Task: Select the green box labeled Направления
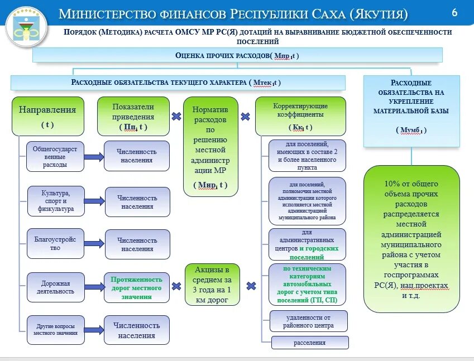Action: click(x=47, y=116)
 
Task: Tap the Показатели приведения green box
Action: click(x=133, y=116)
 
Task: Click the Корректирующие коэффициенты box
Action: click(x=300, y=116)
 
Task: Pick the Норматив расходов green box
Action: click(x=210, y=146)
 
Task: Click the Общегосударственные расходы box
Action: click(x=55, y=156)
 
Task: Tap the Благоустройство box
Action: click(x=55, y=244)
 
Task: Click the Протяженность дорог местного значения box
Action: click(x=136, y=287)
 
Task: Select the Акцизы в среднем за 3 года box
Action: click(x=212, y=284)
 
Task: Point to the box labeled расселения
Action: click(x=310, y=343)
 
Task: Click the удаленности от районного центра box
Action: click(x=309, y=321)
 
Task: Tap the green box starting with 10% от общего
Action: click(x=411, y=240)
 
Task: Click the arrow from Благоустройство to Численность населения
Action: click(x=94, y=244)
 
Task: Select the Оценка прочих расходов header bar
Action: click(x=237, y=55)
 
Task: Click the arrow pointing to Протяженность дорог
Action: click(x=94, y=287)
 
